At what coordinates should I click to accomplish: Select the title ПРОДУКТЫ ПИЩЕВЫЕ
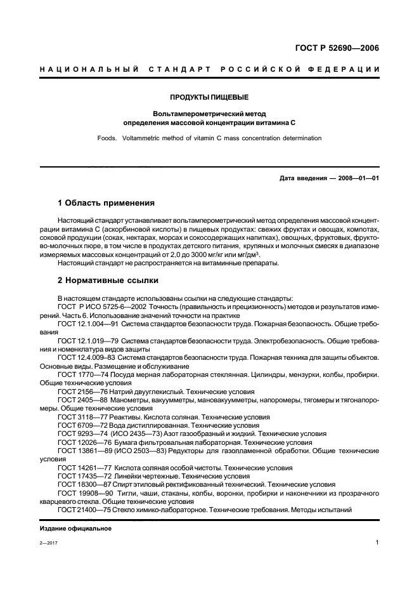[209, 97]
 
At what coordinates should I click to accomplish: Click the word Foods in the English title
[106, 137]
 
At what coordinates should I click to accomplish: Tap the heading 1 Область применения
[106, 203]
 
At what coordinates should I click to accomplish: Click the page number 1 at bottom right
[377, 543]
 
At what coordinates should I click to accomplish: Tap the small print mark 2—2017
[48, 544]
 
